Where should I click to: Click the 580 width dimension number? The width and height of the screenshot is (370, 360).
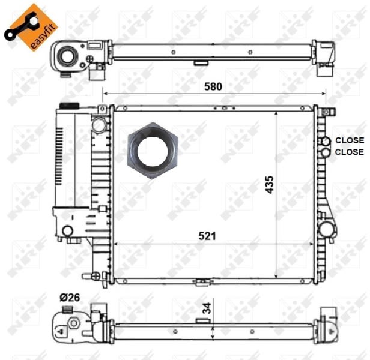(x=213, y=86)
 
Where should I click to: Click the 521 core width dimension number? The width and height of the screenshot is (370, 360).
(x=207, y=236)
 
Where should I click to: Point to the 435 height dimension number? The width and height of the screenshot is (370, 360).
(x=270, y=185)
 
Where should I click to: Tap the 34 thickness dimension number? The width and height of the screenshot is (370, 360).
(x=207, y=308)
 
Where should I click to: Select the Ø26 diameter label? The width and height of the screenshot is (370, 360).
(x=70, y=298)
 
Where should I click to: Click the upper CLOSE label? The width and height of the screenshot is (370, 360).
(x=350, y=140)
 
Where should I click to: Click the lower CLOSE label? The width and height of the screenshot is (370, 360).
(x=350, y=152)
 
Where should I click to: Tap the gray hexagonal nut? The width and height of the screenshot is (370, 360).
(x=153, y=151)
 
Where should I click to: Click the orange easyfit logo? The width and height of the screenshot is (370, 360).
(x=31, y=27)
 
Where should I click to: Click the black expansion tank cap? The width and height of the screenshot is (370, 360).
(x=70, y=106)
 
